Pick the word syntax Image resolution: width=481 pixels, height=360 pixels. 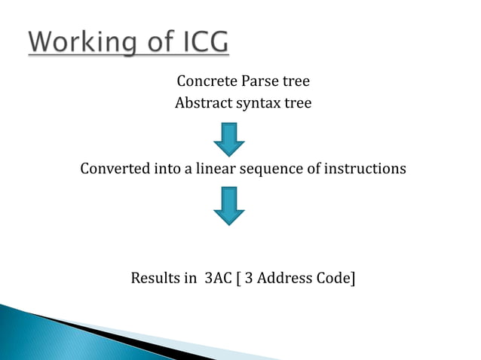[258, 104]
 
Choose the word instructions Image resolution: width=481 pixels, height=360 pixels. [365, 168]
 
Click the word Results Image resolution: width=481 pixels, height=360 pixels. [155, 278]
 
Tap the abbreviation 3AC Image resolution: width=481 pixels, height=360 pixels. [219, 278]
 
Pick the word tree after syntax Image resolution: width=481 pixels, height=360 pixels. [296, 103]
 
